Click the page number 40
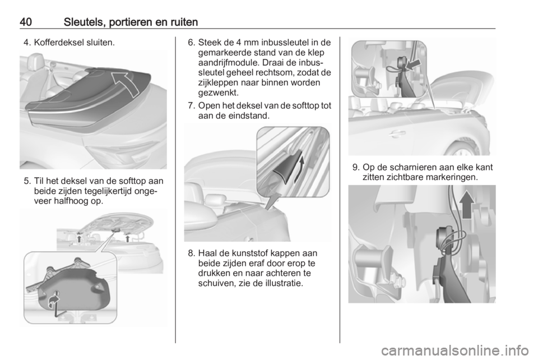26,22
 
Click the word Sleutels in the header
85,22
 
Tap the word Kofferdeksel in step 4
58,43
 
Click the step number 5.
27,181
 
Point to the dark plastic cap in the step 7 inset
287,168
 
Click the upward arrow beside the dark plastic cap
299,170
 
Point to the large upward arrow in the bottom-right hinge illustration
467,205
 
